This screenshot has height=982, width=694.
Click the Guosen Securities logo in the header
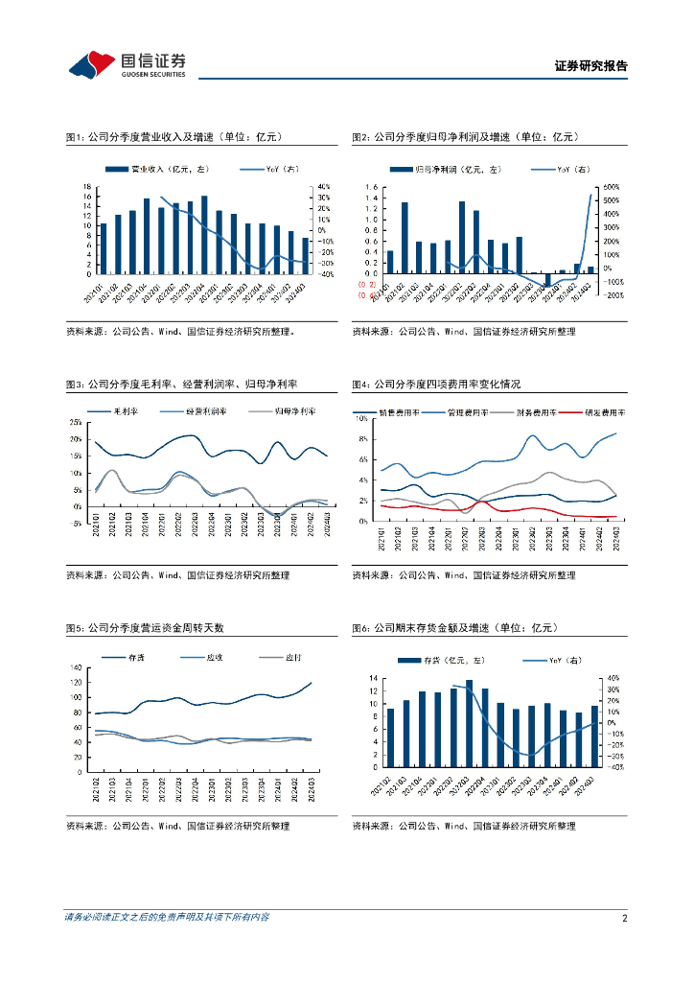click(127, 65)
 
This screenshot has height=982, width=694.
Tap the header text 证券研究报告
click(591, 66)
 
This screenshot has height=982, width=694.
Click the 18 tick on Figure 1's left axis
click(87, 186)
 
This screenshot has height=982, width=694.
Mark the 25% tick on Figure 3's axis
click(76, 423)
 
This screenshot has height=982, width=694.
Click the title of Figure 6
click(455, 627)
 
